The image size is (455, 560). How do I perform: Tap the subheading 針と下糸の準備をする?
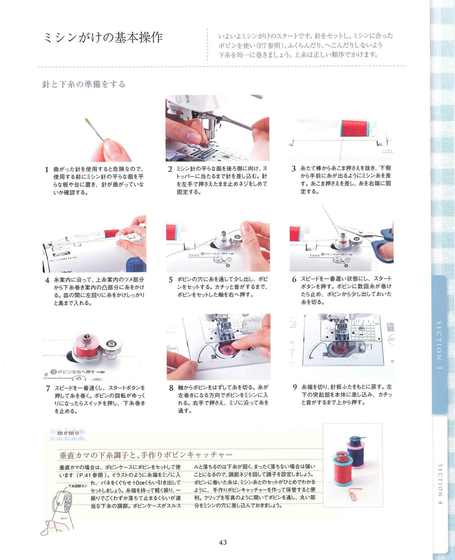point(84,84)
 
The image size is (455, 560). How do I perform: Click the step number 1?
point(47,170)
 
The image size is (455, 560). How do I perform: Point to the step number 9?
point(294,387)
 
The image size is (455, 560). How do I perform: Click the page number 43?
point(223,542)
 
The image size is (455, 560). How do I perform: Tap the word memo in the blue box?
point(68,433)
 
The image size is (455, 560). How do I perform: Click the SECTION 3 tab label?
point(439,345)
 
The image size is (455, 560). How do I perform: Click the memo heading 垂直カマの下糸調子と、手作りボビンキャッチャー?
point(146,455)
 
